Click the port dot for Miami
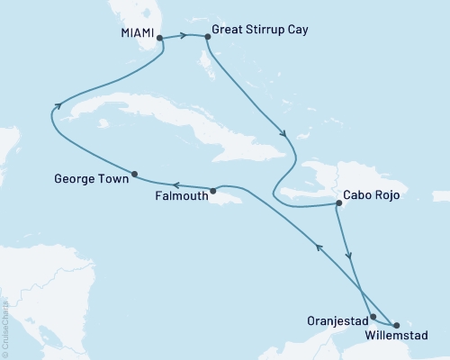click(x=159, y=38)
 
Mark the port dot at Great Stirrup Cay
click(x=208, y=37)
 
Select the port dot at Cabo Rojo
click(x=337, y=203)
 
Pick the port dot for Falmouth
click(x=212, y=191)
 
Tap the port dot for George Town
click(x=134, y=174)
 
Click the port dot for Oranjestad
click(x=373, y=317)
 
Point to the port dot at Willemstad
click(x=397, y=324)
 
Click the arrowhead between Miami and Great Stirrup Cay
click(x=184, y=36)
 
